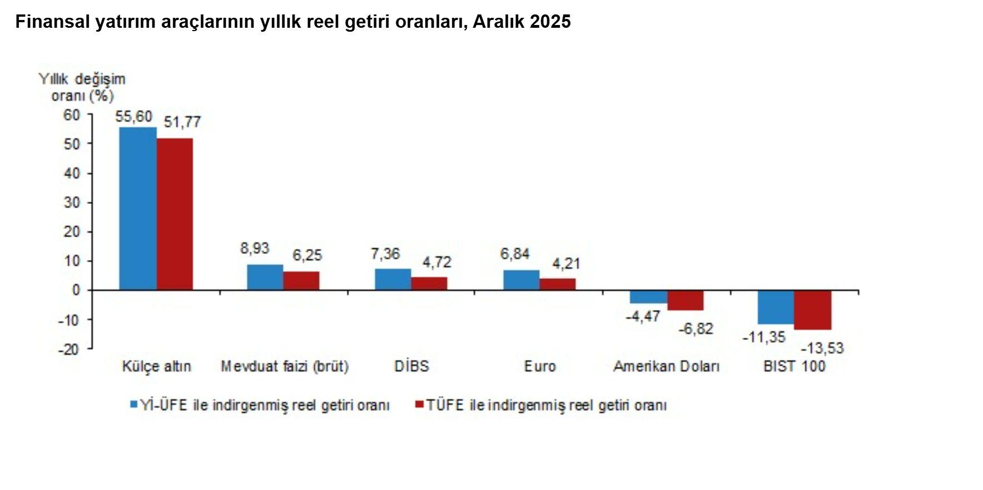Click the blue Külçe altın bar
138,208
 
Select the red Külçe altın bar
175,214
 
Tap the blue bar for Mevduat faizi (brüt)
265,277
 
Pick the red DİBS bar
429,283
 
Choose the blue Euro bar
521,280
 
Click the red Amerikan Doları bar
686,300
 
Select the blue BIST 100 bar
776,307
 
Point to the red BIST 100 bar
812,310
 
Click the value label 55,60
133,117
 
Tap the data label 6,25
307,256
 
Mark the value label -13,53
822,348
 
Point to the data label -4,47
643,317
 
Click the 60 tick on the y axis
72,115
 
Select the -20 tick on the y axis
68,349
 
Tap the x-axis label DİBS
411,366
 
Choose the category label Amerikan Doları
666,366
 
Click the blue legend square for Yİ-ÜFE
133,404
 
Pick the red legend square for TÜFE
419,404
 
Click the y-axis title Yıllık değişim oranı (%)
82,87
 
